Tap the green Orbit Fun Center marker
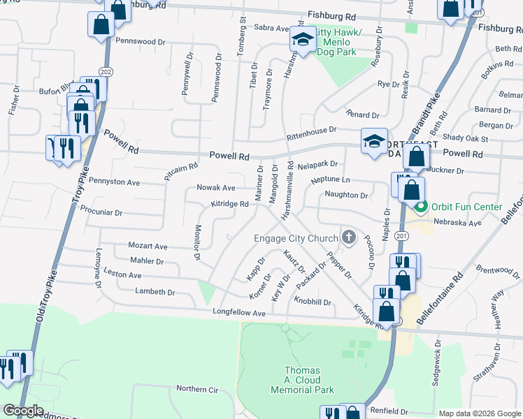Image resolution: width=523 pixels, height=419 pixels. pyautogui.click(x=421, y=207)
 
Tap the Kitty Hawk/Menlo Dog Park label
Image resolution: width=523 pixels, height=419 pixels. pyautogui.click(x=339, y=42)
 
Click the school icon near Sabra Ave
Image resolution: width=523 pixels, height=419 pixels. pyautogui.click(x=303, y=41)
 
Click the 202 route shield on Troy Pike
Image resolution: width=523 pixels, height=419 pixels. pyautogui.click(x=106, y=71)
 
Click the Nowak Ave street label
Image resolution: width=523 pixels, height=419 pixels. pyautogui.click(x=216, y=188)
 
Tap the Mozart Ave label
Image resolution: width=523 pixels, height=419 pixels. pyautogui.click(x=148, y=247)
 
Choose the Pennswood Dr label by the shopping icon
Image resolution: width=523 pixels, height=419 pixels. pyautogui.click(x=141, y=41)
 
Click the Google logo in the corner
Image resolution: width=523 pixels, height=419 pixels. pyautogui.click(x=23, y=411)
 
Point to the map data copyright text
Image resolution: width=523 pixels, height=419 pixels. pyautogui.click(x=479, y=413)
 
